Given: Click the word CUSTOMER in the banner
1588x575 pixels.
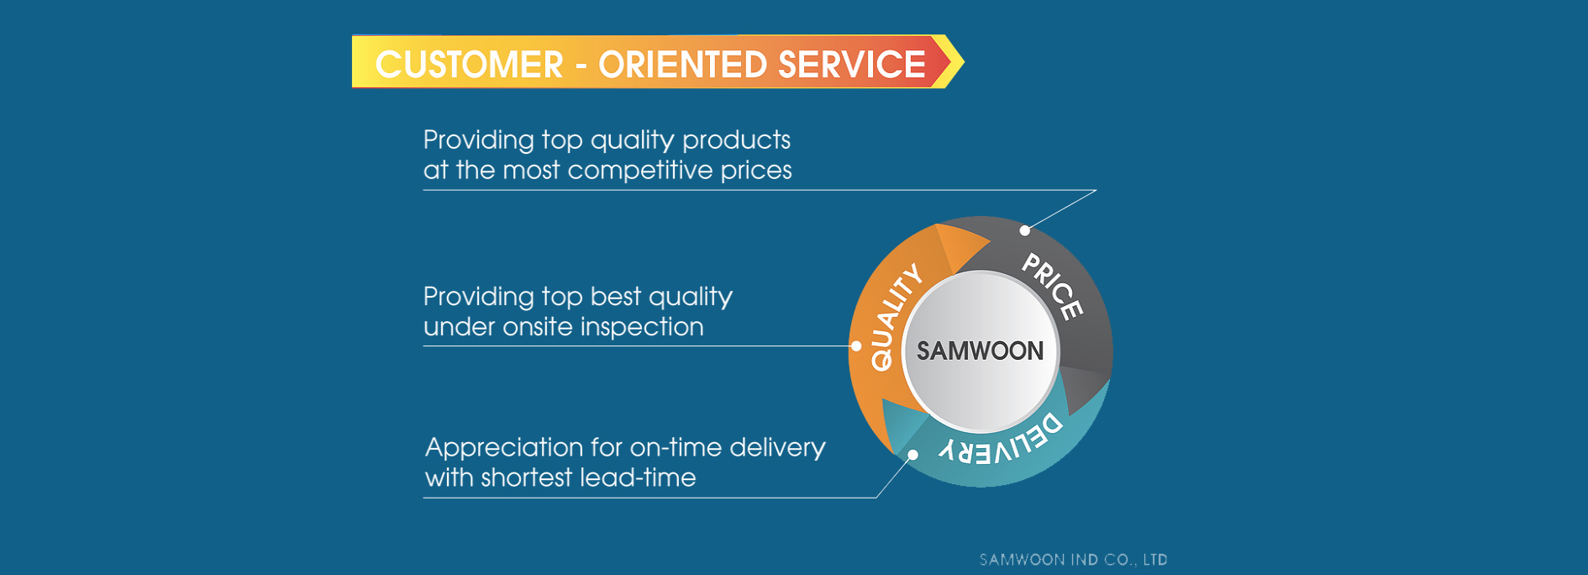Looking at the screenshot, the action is pyautogui.click(x=469, y=65).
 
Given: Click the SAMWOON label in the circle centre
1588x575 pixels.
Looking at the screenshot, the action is pyautogui.click(x=980, y=351).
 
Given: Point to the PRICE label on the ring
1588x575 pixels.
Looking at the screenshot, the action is pyautogui.click(x=1052, y=286).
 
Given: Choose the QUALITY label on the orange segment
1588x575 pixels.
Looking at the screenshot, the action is pyautogui.click(x=896, y=317).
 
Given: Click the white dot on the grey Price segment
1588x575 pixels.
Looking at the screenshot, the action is pyautogui.click(x=1024, y=230).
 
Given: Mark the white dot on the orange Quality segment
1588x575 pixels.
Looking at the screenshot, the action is pyautogui.click(x=856, y=346).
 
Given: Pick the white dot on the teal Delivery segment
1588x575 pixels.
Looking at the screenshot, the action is pyautogui.click(x=913, y=455).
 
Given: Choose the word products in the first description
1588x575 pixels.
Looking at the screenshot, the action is pyautogui.click(x=736, y=140).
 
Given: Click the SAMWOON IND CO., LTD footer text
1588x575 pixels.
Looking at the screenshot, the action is pyautogui.click(x=1073, y=560).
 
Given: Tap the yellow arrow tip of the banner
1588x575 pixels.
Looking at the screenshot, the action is pyautogui.click(x=963, y=61).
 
